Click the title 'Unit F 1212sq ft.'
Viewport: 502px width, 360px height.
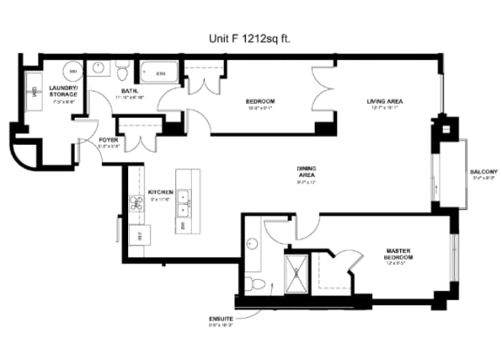coord(250,38)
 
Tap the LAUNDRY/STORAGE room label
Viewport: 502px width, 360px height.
coord(63,91)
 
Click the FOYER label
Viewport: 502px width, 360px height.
coord(109,139)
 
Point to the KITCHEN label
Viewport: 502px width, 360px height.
coord(159,192)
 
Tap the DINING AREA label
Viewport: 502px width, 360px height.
coord(307,172)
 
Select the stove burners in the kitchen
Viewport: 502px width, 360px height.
coord(137,204)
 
